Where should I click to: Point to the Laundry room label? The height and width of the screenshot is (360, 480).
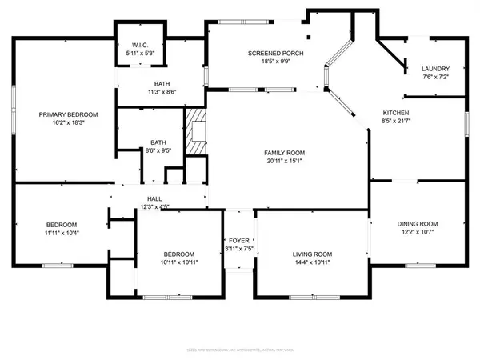pyautogui.click(x=435, y=69)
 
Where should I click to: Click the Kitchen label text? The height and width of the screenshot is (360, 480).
pyautogui.click(x=396, y=113)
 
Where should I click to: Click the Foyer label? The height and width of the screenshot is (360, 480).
pyautogui.click(x=238, y=239)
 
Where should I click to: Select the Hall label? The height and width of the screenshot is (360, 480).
pyautogui.click(x=154, y=199)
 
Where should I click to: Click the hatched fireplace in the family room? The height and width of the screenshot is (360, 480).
pyautogui.click(x=195, y=133)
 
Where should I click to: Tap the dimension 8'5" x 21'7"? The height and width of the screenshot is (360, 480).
pyautogui.click(x=396, y=121)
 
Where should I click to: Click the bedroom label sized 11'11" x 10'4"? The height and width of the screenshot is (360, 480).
pyautogui.click(x=60, y=224)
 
